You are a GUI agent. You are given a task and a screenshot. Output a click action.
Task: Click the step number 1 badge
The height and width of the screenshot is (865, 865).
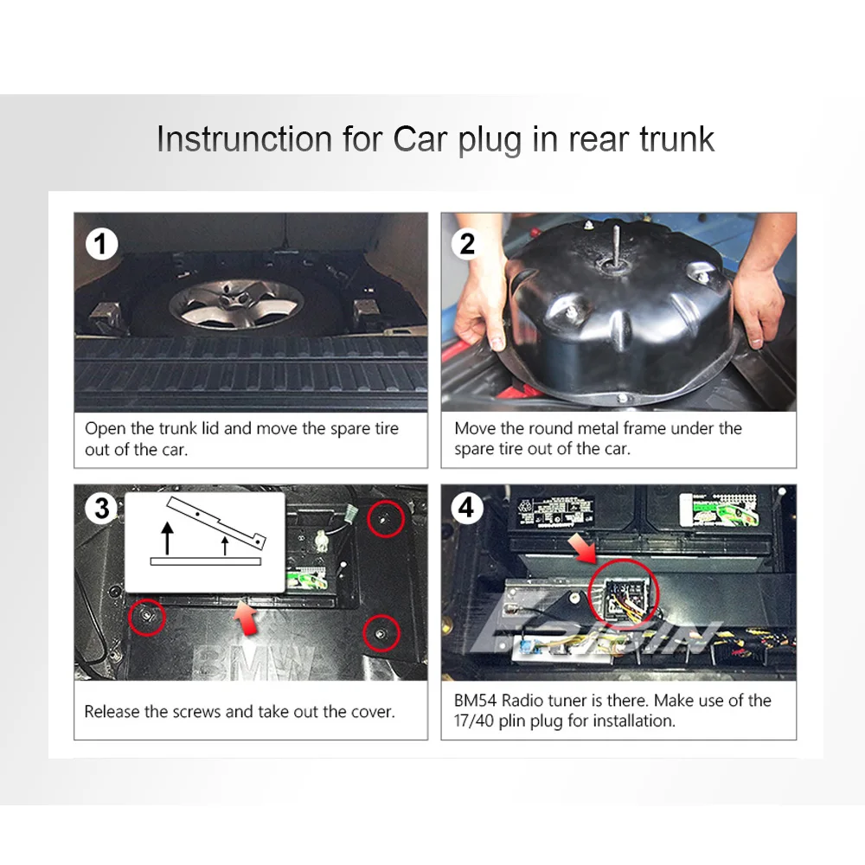tap(102, 245)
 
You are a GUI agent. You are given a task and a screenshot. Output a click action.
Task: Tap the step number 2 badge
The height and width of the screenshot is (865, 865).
tap(467, 244)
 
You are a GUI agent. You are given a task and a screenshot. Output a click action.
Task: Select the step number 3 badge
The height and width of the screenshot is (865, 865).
tap(102, 508)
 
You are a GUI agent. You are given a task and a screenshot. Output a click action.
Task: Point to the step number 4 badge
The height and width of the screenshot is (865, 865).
tap(467, 508)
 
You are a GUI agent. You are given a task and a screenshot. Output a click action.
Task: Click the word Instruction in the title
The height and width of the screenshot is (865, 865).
tap(245, 138)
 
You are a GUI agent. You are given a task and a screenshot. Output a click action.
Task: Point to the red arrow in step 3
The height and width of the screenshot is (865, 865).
tap(246, 617)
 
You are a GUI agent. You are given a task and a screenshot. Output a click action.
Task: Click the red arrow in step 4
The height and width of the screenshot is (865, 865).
tap(582, 548)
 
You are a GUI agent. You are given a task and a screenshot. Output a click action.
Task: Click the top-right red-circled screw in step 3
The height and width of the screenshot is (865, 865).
tap(386, 518)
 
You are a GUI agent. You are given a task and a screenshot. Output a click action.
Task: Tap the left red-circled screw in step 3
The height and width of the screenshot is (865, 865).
tap(147, 616)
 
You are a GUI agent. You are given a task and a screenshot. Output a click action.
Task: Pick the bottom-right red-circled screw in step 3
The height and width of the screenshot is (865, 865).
tap(381, 633)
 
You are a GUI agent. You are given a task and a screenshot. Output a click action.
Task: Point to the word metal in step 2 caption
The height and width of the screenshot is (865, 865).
tap(600, 428)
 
